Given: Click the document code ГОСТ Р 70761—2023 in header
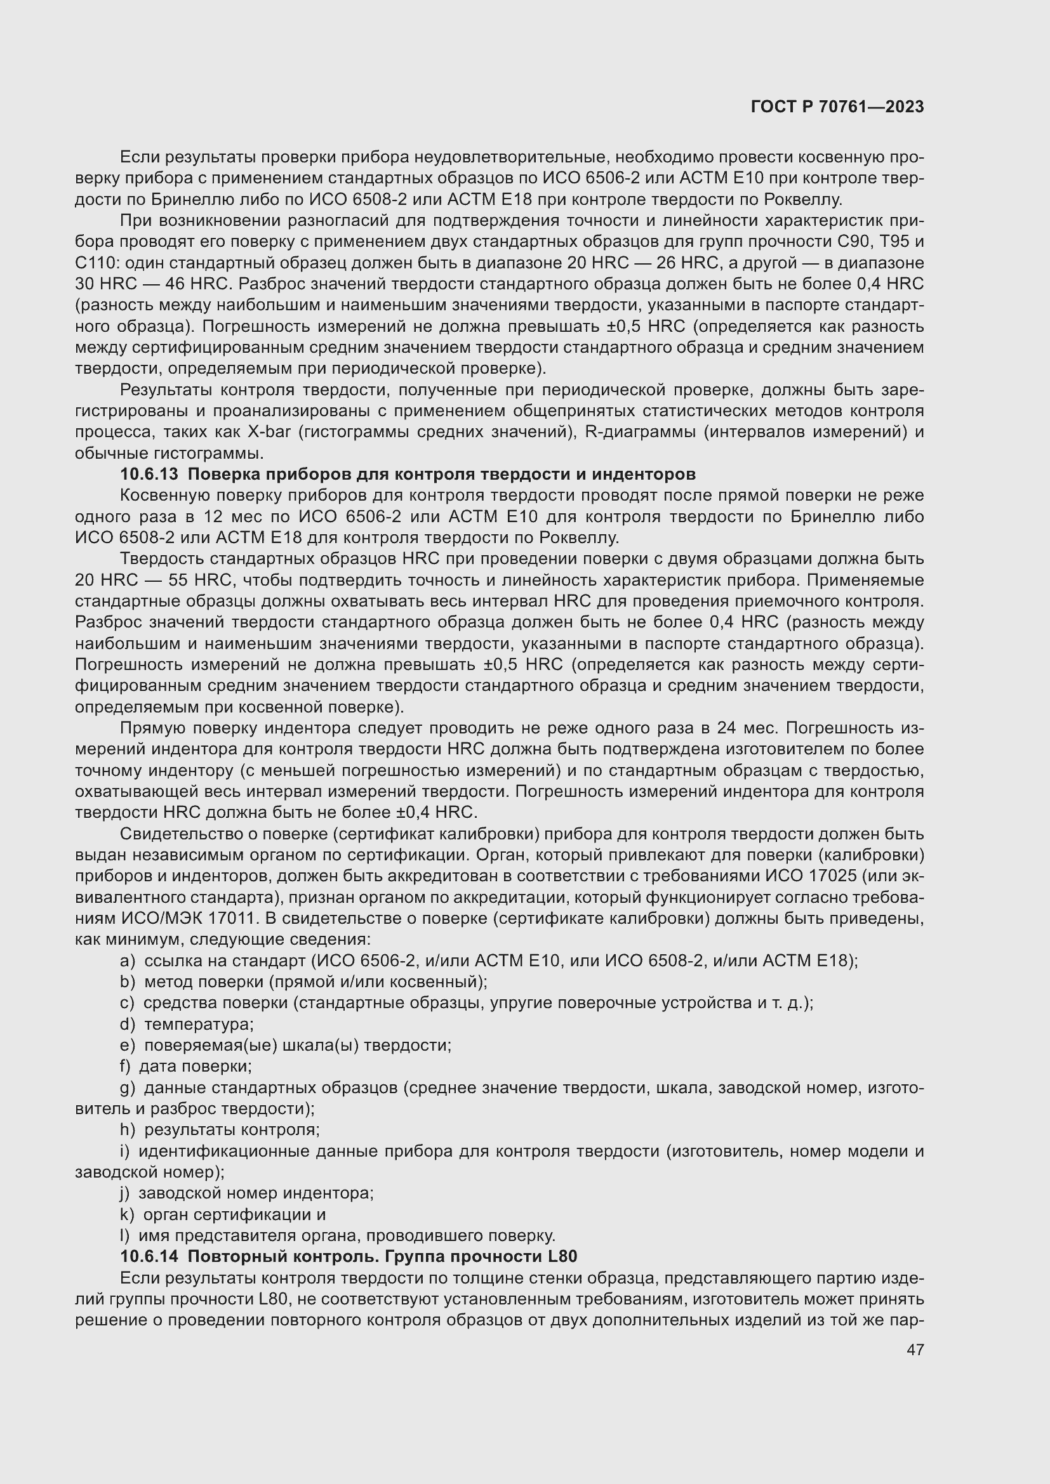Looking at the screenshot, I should (x=837, y=107).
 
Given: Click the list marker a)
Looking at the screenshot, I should (x=128, y=961).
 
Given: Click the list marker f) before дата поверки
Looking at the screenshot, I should (x=126, y=1067).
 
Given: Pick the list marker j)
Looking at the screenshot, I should (x=125, y=1193).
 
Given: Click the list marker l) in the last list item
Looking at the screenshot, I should (x=124, y=1236).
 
